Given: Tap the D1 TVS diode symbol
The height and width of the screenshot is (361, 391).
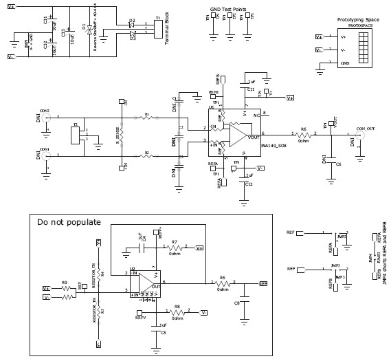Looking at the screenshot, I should (85, 29).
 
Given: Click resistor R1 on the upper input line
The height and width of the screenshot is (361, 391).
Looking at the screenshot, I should (146, 118).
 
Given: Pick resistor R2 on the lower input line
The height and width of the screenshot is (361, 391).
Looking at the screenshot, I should (146, 157).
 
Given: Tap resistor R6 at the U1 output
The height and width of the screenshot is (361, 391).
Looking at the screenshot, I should (304, 135).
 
